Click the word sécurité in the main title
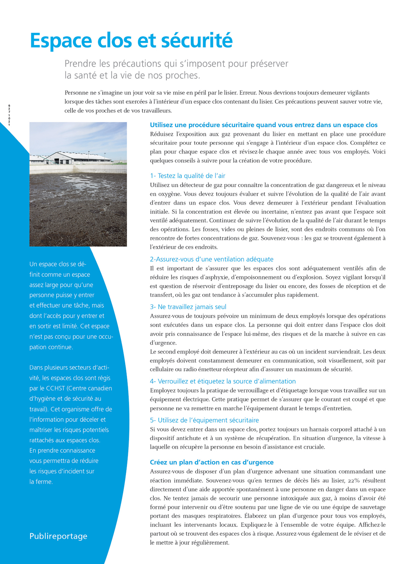[198, 41]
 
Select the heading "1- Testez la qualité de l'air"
[187, 176]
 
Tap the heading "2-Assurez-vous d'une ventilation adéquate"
[212, 259]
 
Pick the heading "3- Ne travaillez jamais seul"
[188, 307]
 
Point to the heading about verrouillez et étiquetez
[223, 381]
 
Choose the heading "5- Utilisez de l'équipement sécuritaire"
[204, 420]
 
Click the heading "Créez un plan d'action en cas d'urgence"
[212, 462]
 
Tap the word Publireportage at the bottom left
[58, 536]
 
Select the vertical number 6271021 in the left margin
[9, 115]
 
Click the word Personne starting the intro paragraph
[77, 93]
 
